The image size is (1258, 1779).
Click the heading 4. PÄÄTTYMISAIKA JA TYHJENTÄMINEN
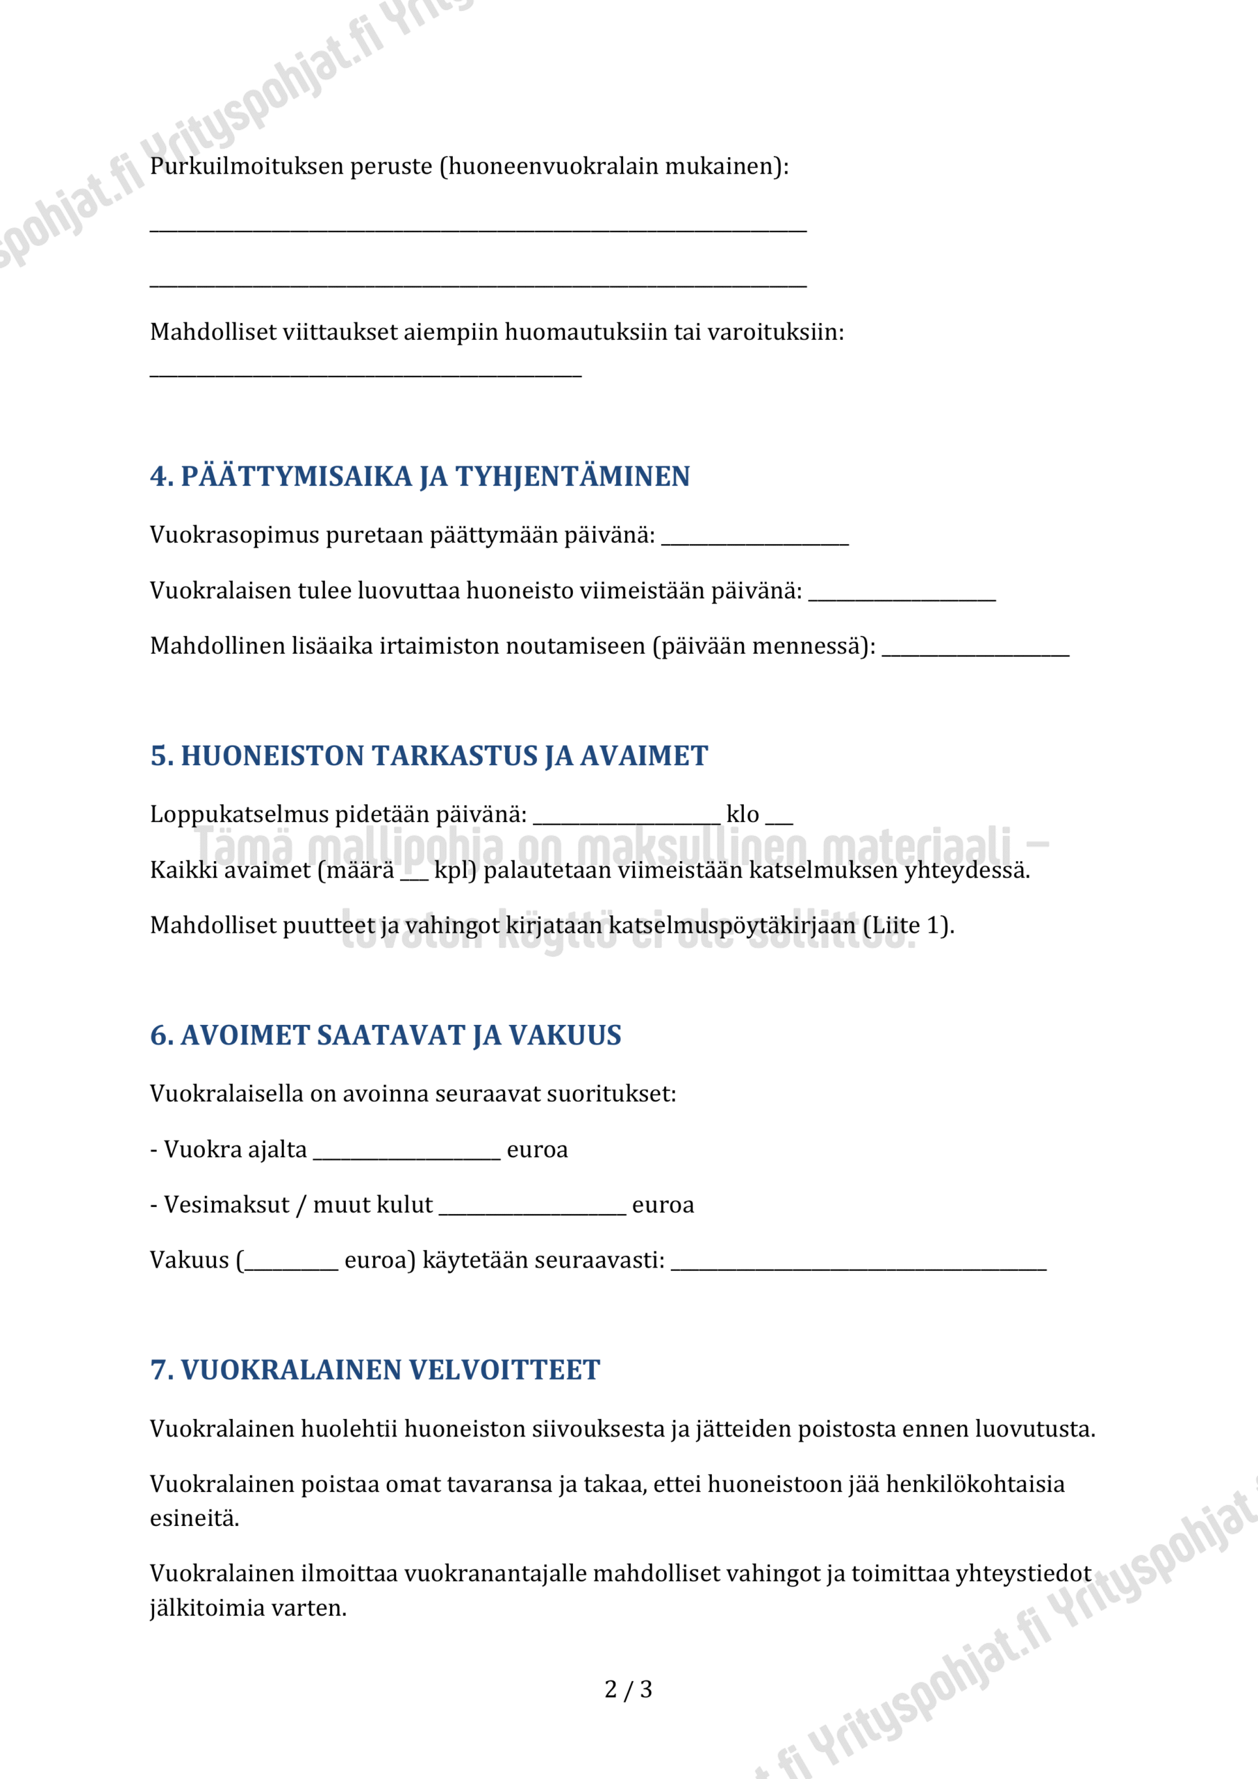(x=420, y=477)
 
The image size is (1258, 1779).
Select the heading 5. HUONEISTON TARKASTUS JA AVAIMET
(x=429, y=755)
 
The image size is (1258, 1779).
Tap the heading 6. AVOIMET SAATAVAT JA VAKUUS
(x=386, y=1035)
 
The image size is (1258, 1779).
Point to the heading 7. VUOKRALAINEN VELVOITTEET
(x=375, y=1370)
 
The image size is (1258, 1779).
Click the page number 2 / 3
(x=628, y=1689)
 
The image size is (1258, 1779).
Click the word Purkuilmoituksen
(x=247, y=167)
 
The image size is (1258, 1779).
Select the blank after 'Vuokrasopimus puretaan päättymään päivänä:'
(x=755, y=540)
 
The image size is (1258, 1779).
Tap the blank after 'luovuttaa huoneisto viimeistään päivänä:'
(x=902, y=596)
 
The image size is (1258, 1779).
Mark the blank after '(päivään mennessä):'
(x=975, y=651)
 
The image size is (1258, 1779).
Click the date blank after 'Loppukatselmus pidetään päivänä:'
(x=627, y=820)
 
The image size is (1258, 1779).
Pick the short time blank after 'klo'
(x=779, y=820)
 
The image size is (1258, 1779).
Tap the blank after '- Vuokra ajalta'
(x=406, y=1154)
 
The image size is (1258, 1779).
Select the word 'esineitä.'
(x=195, y=1518)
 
